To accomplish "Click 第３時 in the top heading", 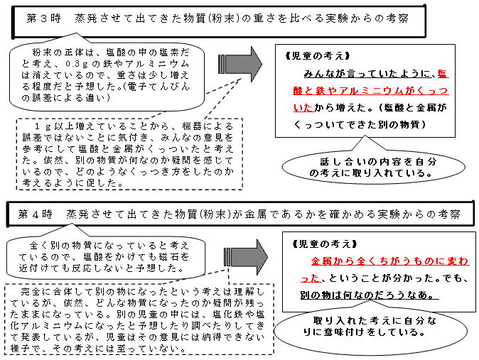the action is [x=44, y=18].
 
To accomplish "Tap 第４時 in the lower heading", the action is [x=35, y=214].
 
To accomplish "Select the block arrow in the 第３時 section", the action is [x=239, y=65].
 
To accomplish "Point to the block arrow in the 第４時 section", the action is [x=245, y=257].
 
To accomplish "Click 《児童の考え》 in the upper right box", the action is [x=318, y=56].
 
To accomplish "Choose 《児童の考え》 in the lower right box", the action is [x=324, y=244].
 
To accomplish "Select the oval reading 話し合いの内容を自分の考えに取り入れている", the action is [x=373, y=168].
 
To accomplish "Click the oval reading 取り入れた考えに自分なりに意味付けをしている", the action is [x=370, y=327].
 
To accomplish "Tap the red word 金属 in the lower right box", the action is [x=321, y=261].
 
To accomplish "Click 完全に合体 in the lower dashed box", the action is [x=46, y=292].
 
